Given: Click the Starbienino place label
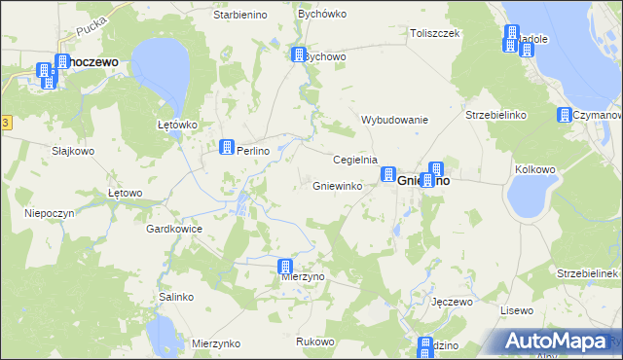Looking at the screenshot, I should tap(240, 17).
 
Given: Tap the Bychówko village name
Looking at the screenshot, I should tap(316, 17).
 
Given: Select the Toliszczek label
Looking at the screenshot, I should tap(434, 32).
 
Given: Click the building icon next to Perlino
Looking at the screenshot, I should tap(227, 148).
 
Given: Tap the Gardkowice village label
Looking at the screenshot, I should tap(173, 230).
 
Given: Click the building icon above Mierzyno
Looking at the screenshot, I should tap(285, 267).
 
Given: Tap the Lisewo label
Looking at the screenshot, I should tap(517, 310).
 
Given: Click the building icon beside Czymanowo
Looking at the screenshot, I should tap(564, 116).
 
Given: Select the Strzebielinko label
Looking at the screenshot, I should tap(495, 115).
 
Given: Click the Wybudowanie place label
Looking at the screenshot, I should tap(395, 120).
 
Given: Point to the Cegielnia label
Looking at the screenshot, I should tap(355, 160).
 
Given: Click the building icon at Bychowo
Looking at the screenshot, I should tap(298, 55).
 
